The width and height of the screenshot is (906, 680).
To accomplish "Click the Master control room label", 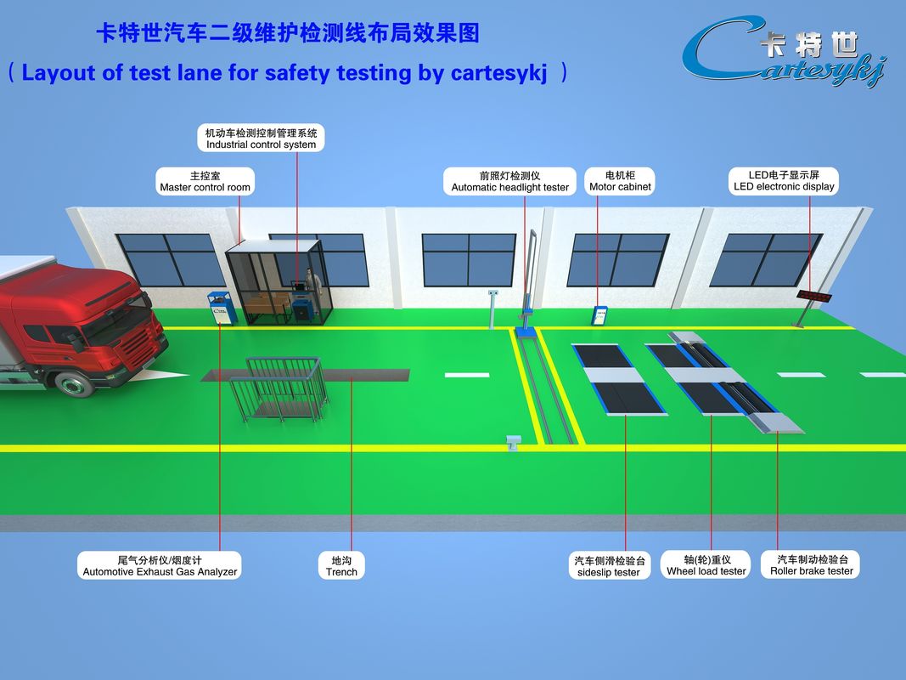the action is pyautogui.click(x=205, y=181).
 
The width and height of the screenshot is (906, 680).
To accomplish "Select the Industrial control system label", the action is pyautogui.click(x=262, y=139).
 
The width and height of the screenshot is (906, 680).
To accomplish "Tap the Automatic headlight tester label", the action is pyautogui.click(x=509, y=181).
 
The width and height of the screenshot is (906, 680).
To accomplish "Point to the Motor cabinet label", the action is pyautogui.click(x=620, y=181).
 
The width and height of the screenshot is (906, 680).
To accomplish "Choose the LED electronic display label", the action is pyautogui.click(x=784, y=181).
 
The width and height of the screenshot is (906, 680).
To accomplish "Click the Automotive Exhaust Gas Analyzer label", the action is pyautogui.click(x=160, y=565).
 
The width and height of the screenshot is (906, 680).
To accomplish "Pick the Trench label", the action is pyautogui.click(x=341, y=565).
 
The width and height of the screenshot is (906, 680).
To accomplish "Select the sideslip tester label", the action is pyautogui.click(x=609, y=566).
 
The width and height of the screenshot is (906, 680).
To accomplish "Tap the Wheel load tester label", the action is pyautogui.click(x=706, y=565).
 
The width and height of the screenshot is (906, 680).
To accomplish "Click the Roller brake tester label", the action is pyautogui.click(x=811, y=565).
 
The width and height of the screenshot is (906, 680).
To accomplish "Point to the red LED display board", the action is pyautogui.click(x=814, y=297).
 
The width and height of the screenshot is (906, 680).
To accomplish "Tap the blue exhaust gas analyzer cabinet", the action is pyautogui.click(x=222, y=309).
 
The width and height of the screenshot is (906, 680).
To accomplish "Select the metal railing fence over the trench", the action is pyautogui.click(x=279, y=388).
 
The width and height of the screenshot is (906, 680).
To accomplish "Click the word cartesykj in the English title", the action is pyautogui.click(x=498, y=73).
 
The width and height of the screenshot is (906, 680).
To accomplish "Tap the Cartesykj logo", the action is pyautogui.click(x=784, y=51).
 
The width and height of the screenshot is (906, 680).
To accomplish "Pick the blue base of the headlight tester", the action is pyautogui.click(x=526, y=331).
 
